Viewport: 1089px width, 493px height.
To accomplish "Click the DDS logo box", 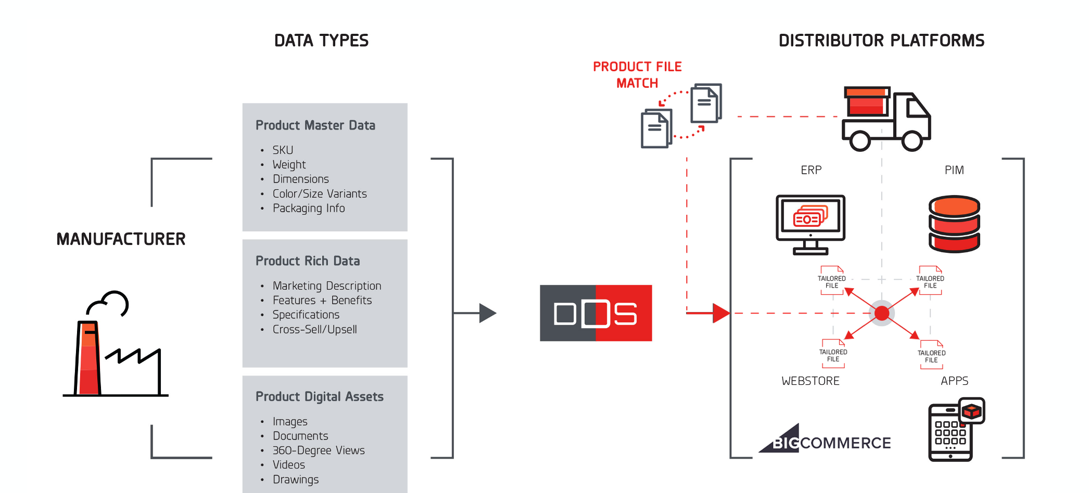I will tap(596, 313).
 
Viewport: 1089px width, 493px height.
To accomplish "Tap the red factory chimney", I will tap(88, 358).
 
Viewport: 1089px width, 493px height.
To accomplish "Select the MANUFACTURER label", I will tap(121, 239).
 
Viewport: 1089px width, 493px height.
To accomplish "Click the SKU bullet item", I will tap(283, 150).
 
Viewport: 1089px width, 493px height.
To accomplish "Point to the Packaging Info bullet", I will tap(308, 208).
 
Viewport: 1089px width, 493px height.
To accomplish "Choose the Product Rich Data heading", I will tap(308, 261).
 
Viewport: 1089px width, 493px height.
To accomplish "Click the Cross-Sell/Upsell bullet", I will tap(314, 329).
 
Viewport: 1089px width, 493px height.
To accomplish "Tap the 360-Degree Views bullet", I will tap(318, 450).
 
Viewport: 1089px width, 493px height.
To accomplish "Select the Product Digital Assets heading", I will tap(319, 397).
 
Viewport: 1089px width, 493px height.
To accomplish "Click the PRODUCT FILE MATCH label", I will tap(637, 75).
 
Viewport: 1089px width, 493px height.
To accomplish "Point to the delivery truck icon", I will tap(885, 119).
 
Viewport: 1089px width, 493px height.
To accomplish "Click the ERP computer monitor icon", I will tap(810, 224).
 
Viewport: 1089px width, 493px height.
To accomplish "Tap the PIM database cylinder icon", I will tap(954, 224).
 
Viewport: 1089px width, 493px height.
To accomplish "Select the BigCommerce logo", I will tap(825, 440).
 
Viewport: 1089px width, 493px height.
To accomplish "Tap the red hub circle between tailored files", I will tap(882, 313).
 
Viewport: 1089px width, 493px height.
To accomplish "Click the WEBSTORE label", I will tap(810, 381).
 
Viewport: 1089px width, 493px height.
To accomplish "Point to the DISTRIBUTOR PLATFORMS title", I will tap(881, 41).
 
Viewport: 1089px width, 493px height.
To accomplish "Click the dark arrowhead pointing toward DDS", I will tap(487, 313).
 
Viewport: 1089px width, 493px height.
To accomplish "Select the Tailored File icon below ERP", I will tap(832, 281).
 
